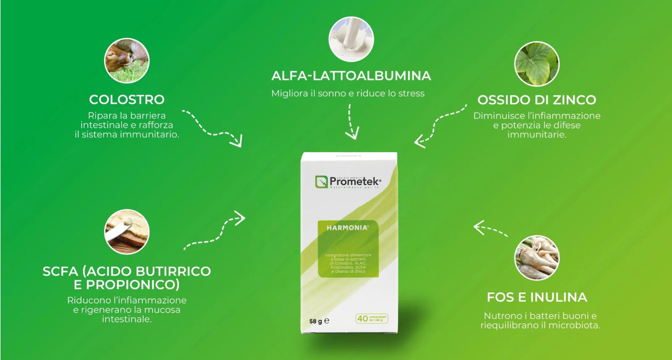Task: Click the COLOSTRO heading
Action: point(126,100)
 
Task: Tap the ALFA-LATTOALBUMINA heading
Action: point(351,76)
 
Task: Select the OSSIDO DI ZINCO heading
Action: point(537,100)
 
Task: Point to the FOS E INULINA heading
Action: point(537,297)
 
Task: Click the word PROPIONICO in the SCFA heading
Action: point(132,285)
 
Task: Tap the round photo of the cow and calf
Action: point(126,60)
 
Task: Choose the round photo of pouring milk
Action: point(351,39)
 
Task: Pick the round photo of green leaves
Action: point(537,64)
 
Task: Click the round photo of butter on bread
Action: point(126,232)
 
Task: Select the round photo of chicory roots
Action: point(537,258)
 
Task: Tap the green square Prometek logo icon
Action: point(321,182)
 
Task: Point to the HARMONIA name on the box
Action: point(347,228)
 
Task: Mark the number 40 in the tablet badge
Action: point(362,319)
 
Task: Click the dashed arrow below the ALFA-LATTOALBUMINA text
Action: point(351,122)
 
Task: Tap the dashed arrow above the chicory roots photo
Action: point(490,229)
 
